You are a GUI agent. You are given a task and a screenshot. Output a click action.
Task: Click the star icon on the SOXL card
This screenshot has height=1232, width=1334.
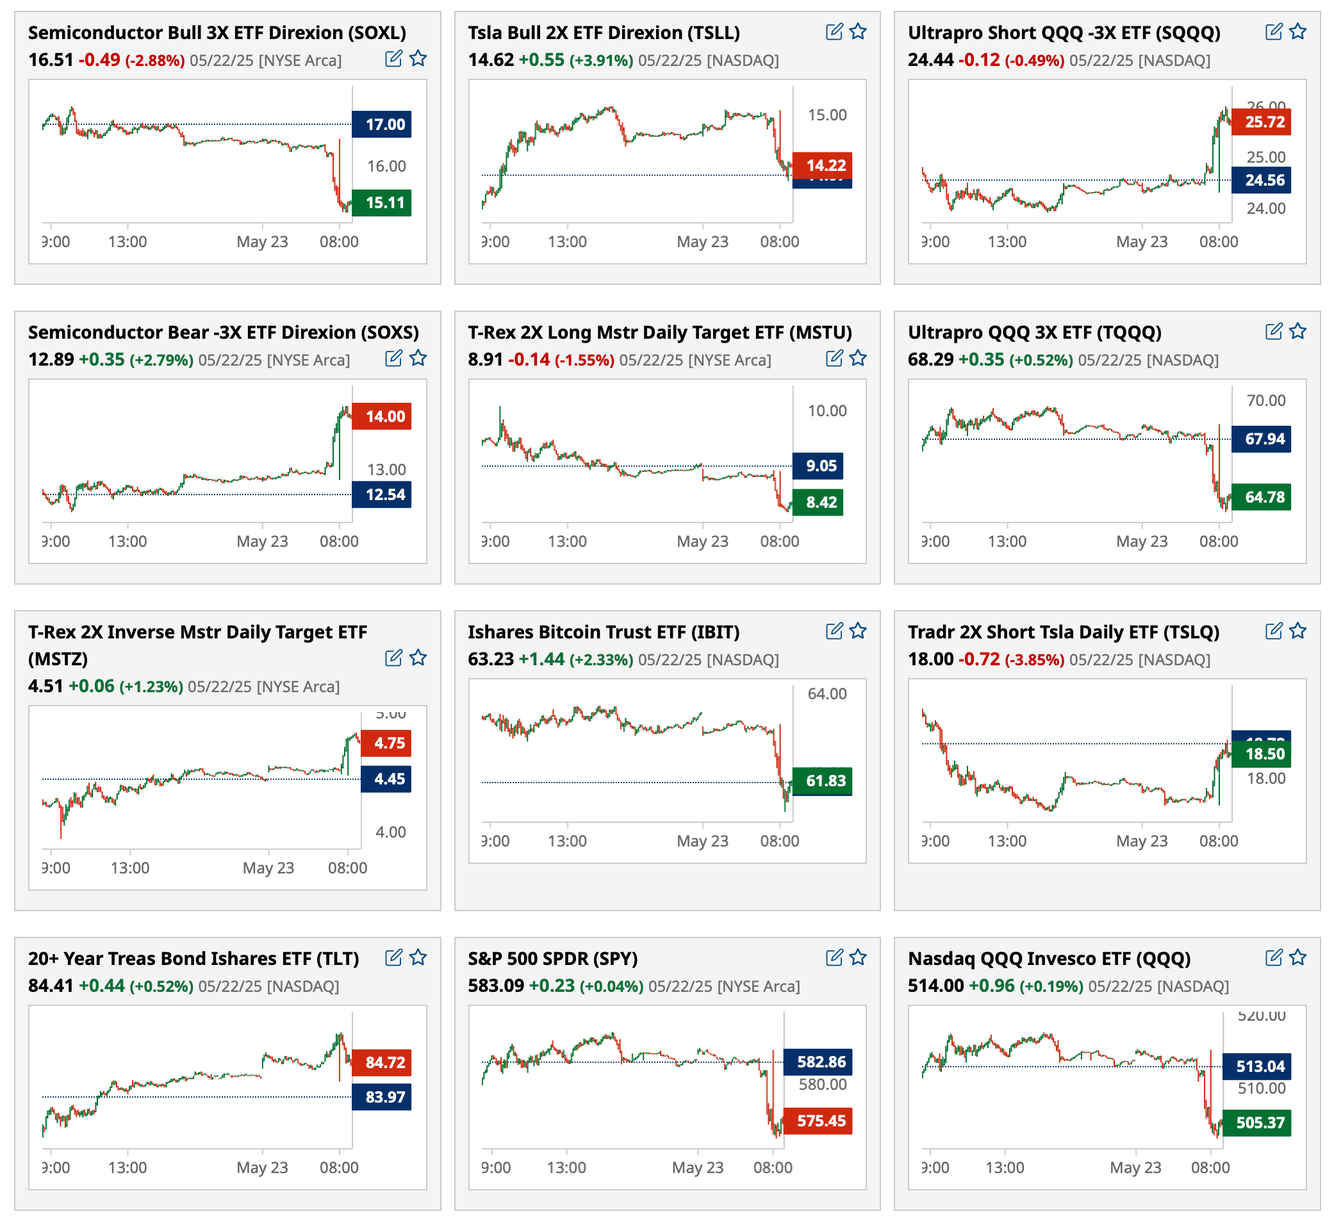(x=418, y=59)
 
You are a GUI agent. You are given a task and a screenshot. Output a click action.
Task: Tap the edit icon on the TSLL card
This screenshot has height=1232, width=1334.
(x=834, y=31)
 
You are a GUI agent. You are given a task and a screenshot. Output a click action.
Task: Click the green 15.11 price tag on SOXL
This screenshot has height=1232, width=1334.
(x=381, y=203)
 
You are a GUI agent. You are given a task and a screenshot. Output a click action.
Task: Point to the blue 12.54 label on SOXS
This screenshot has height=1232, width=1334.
(x=381, y=495)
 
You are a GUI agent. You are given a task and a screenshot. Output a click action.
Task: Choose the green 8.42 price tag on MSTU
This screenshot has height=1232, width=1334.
(x=818, y=503)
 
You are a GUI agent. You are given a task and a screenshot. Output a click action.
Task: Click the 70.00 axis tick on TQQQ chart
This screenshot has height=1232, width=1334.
(x=1265, y=401)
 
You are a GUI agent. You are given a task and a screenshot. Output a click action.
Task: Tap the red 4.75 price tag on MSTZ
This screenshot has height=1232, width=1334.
(x=386, y=743)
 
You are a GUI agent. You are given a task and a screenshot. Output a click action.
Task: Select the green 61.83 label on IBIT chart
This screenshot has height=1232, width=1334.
(x=822, y=781)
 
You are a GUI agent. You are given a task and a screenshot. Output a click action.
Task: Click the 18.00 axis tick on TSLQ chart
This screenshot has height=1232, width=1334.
(x=1265, y=779)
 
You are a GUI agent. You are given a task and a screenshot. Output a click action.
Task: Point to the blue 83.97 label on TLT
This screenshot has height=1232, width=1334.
(x=381, y=1097)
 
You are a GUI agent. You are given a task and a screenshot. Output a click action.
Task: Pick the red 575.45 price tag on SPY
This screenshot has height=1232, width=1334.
(x=818, y=1121)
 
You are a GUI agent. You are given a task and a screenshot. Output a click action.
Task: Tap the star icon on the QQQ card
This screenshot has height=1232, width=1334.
(x=1298, y=958)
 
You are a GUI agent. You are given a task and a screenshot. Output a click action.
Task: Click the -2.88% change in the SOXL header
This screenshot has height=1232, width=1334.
(x=156, y=61)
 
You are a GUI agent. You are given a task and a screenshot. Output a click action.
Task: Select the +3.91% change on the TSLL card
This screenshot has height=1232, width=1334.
(x=601, y=61)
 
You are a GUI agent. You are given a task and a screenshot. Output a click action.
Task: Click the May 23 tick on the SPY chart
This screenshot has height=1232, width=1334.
(x=698, y=1167)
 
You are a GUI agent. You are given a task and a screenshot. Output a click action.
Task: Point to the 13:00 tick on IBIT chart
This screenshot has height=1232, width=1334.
(x=567, y=841)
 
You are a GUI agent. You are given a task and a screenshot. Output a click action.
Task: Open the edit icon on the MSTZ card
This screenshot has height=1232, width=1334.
(x=393, y=658)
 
